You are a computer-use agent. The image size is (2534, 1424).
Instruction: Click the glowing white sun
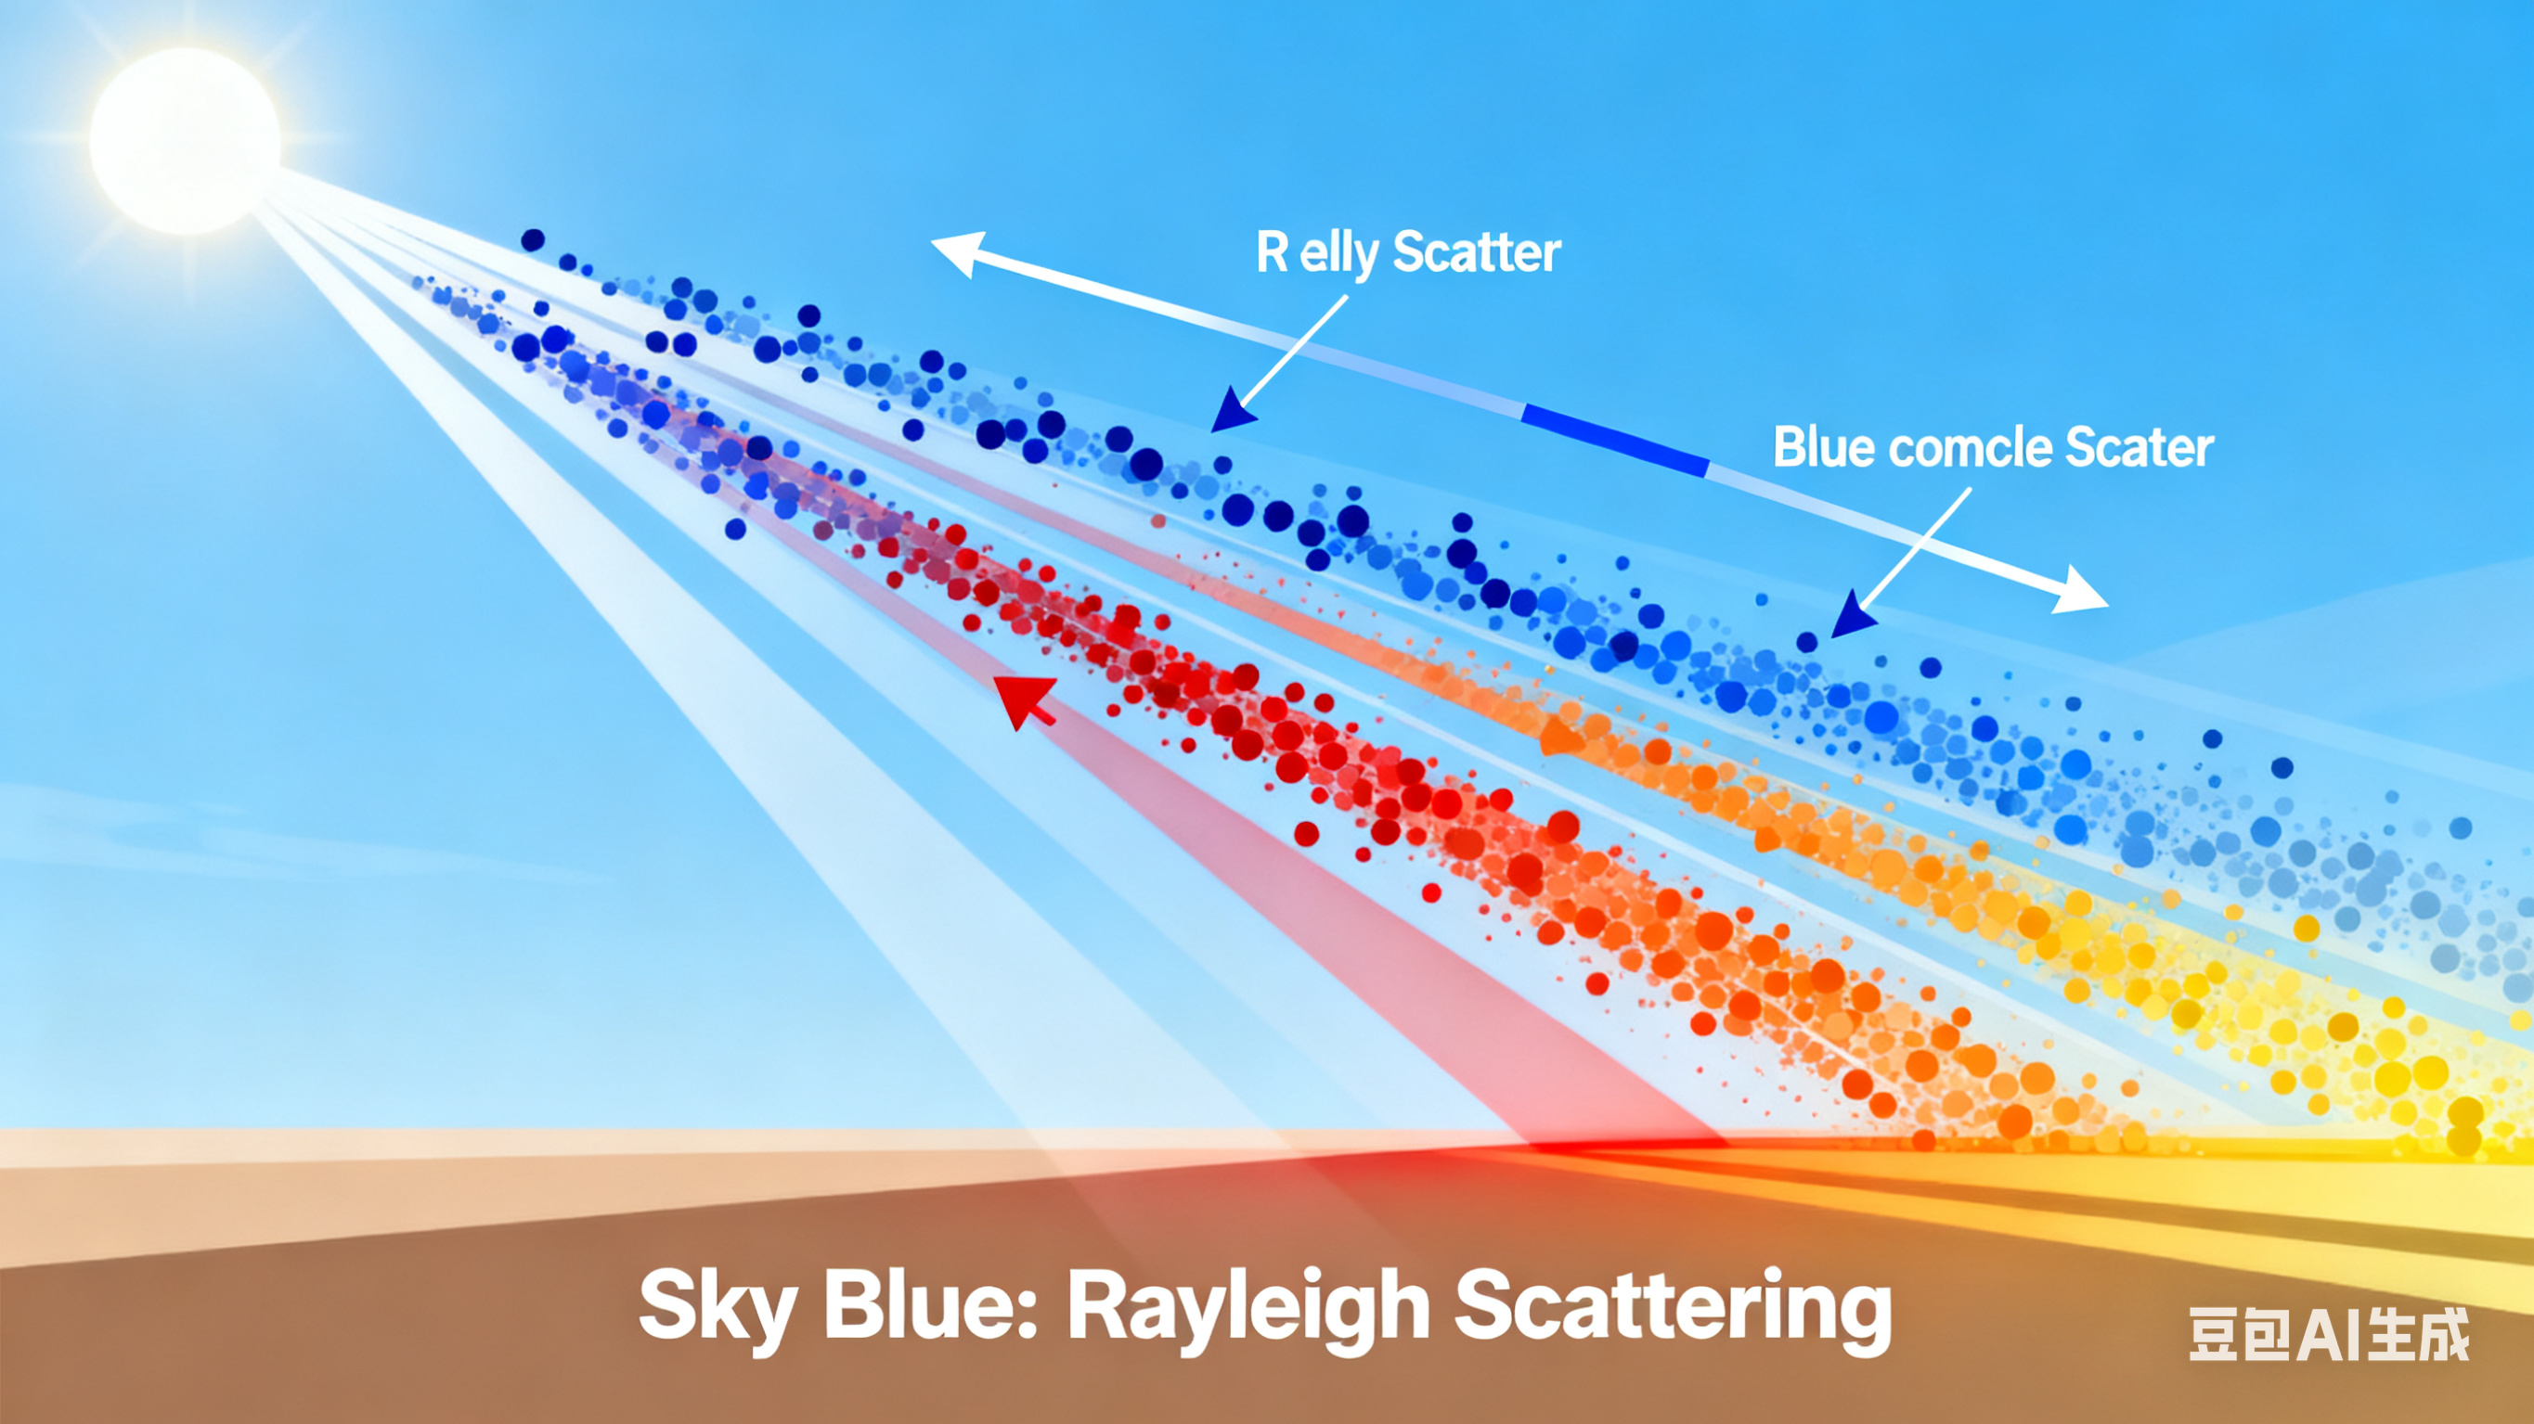(x=185, y=140)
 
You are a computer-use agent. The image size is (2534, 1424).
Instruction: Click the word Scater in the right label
(x=2139, y=447)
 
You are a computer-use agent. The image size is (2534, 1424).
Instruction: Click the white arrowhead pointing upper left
(x=959, y=251)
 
